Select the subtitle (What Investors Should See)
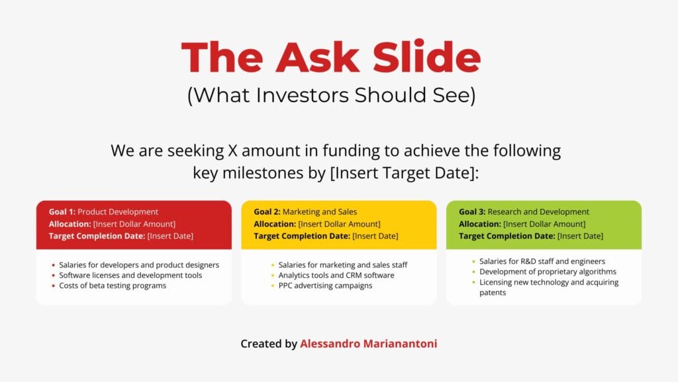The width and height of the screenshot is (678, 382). point(331,95)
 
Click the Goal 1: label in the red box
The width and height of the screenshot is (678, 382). point(62,212)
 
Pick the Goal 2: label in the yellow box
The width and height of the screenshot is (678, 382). point(267,212)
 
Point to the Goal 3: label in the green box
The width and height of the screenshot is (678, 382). point(472,212)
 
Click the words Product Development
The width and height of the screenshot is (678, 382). point(118,212)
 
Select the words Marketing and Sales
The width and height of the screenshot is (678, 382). point(320,212)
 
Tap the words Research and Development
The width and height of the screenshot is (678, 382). point(538,212)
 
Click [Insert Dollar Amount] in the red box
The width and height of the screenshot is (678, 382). point(134,224)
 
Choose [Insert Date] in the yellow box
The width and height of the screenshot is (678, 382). point(375,236)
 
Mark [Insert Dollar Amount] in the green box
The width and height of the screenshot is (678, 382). point(544,224)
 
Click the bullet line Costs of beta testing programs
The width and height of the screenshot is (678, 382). point(113,286)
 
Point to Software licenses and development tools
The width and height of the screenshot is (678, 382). point(130,275)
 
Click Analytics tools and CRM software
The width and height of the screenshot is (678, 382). point(336,275)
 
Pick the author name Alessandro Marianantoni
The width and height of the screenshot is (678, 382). point(368,344)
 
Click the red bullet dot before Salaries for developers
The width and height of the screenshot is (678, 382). point(52,265)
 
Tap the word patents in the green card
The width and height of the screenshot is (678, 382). point(493,292)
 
